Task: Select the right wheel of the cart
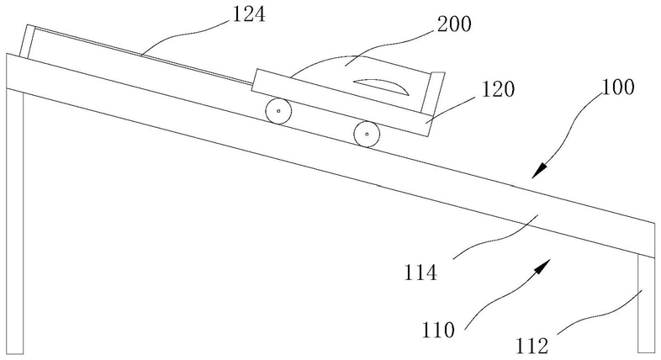(366, 133)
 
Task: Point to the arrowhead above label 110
(544, 267)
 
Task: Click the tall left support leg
(14, 210)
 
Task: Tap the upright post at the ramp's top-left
(29, 43)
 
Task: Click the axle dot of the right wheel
(366, 133)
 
